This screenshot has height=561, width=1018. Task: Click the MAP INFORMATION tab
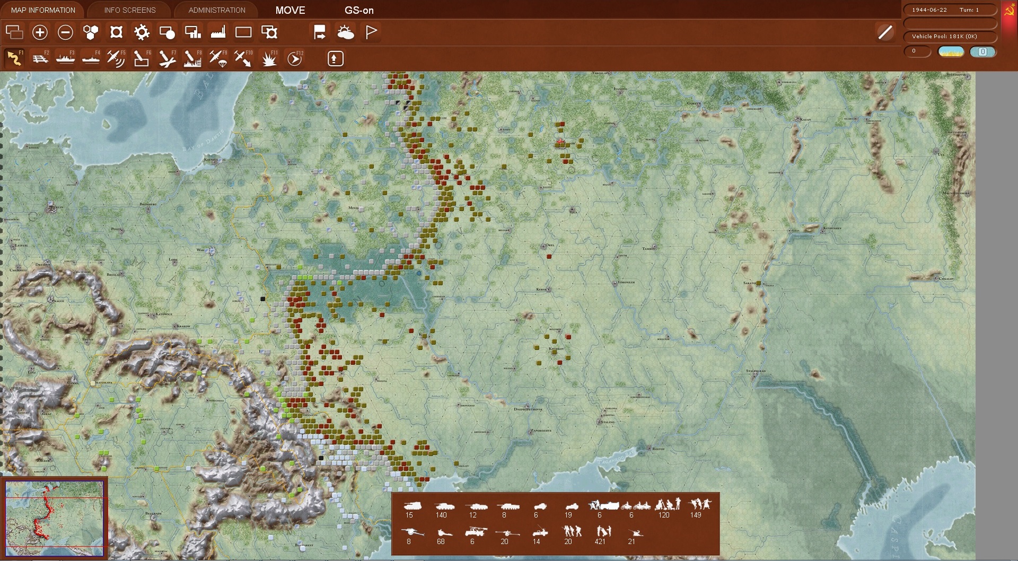point(43,10)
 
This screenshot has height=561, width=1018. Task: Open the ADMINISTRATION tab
point(217,10)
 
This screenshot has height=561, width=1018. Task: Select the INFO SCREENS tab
point(130,10)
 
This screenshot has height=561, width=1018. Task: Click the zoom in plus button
point(40,32)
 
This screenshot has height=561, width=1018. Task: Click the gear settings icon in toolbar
point(142,32)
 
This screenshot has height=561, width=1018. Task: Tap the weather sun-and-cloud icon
point(346,32)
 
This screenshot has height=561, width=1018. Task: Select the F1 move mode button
point(14,58)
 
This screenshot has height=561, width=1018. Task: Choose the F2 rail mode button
point(40,58)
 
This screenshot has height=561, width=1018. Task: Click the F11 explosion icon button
point(269,58)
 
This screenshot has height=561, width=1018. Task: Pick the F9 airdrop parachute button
point(218,58)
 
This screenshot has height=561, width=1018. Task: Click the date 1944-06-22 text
point(929,10)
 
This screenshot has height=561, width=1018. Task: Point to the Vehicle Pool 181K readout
point(944,37)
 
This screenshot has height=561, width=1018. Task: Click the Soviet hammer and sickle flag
point(1010,11)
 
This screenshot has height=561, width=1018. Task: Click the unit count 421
point(600,541)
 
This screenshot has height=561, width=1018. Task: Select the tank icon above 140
point(441,506)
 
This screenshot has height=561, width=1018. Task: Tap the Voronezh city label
point(626,283)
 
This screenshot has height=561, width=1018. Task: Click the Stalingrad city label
point(756,371)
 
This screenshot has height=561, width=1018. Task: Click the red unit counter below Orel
point(549,257)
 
